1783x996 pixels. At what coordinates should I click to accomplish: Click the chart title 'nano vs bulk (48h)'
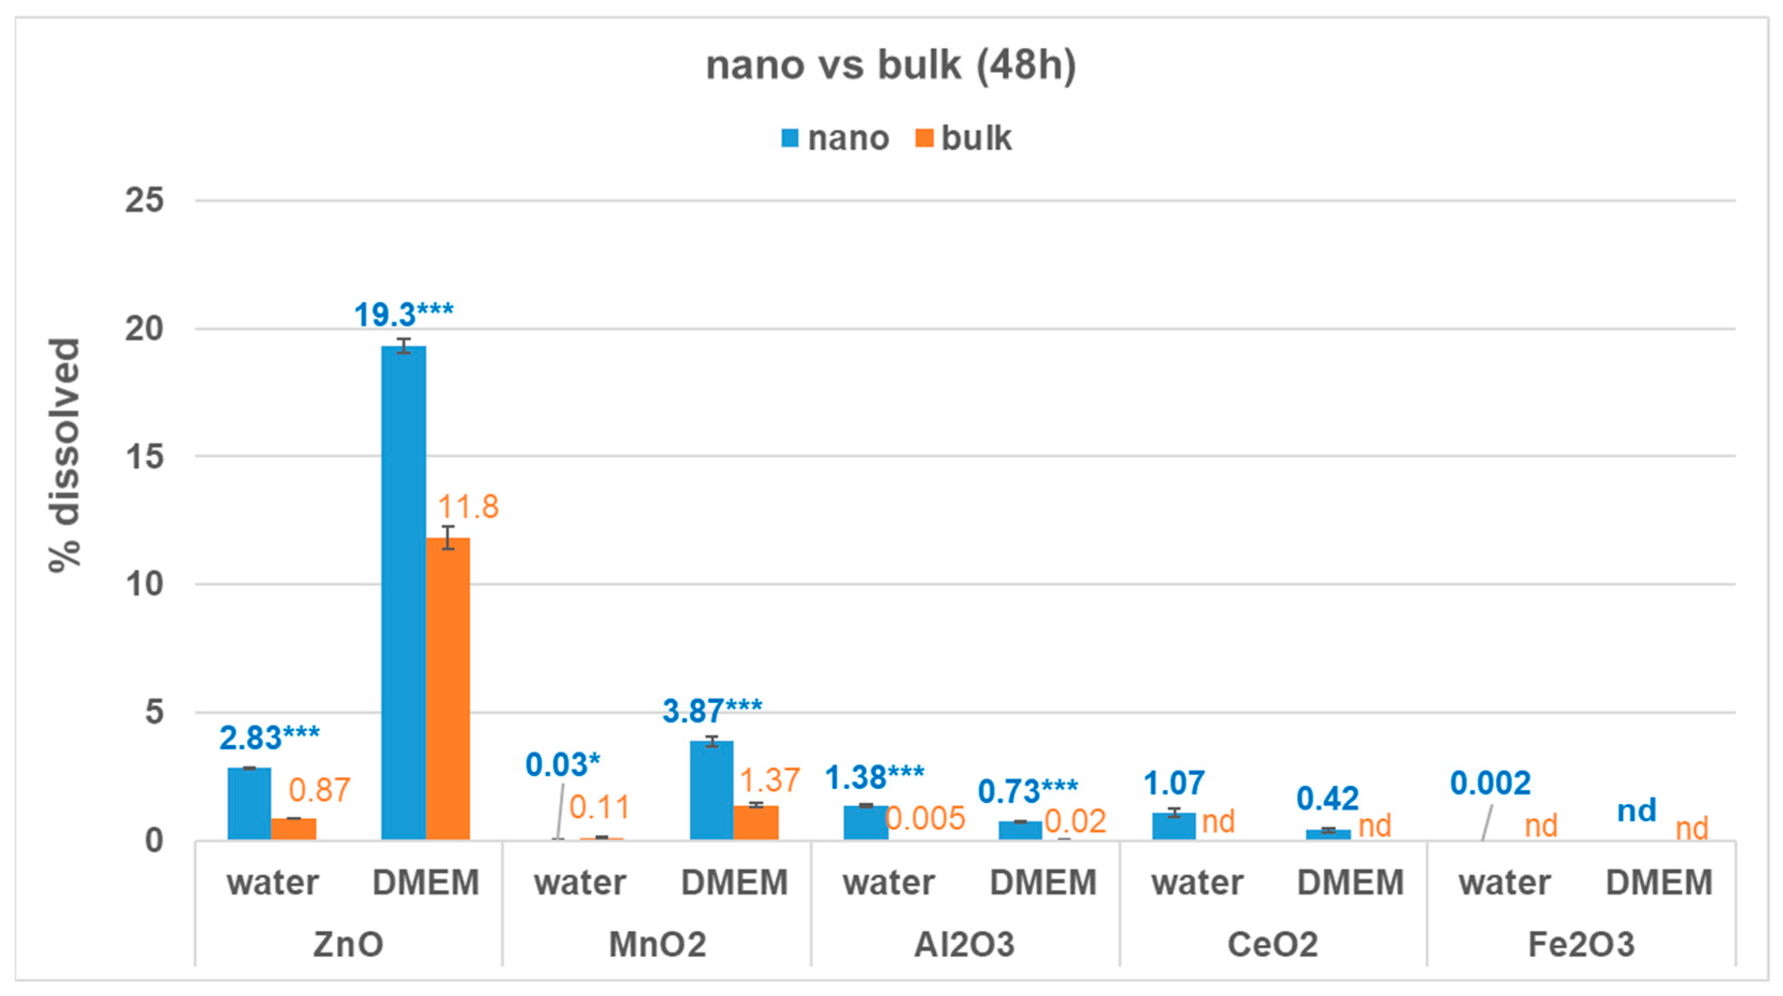tap(891, 66)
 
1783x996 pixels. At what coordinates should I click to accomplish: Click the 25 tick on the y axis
tap(144, 200)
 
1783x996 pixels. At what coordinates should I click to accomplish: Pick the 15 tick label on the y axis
tap(144, 457)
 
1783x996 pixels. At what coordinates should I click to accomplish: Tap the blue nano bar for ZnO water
tap(249, 804)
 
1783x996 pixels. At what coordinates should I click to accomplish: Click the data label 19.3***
tap(404, 315)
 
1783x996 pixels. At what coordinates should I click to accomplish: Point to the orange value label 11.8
tap(468, 507)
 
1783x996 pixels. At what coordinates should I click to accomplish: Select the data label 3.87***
tap(711, 711)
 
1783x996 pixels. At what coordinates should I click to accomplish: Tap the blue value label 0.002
tap(1490, 784)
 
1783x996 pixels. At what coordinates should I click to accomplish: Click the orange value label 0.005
tap(925, 818)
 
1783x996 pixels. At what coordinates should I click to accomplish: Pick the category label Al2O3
tap(964, 944)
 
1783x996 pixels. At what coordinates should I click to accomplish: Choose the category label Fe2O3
tap(1581, 944)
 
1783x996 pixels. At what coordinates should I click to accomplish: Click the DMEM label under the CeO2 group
tap(1350, 883)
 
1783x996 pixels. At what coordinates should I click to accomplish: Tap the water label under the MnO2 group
tap(580, 883)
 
